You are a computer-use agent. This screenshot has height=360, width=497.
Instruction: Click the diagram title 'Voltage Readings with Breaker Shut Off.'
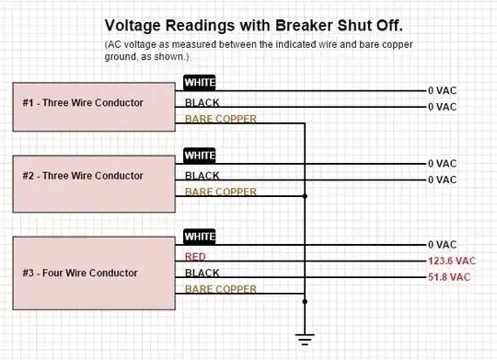click(253, 27)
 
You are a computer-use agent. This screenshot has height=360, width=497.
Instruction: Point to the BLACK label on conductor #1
click(202, 102)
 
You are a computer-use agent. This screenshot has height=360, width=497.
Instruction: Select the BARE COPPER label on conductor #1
click(221, 120)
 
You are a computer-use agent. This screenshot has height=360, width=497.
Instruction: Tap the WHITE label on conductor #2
click(200, 156)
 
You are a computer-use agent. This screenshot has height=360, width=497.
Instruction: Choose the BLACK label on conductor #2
click(202, 175)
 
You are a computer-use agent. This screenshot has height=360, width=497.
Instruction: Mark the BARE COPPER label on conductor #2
click(221, 192)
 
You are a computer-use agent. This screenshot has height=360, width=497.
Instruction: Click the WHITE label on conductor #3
click(200, 237)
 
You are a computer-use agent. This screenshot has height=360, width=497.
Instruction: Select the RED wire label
click(195, 256)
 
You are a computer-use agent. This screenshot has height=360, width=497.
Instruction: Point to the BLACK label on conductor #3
click(202, 273)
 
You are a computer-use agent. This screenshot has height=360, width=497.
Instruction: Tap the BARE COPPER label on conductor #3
click(221, 290)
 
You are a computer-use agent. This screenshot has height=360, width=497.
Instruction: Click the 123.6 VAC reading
click(452, 261)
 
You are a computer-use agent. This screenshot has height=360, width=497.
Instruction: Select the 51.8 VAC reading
click(449, 277)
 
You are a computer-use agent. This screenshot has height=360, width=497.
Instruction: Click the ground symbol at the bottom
click(306, 339)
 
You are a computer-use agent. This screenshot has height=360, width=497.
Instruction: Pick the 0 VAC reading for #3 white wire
click(442, 245)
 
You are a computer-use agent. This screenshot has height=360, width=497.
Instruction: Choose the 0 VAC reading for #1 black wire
click(442, 108)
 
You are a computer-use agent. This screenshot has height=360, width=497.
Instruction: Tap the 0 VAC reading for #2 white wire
click(442, 164)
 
